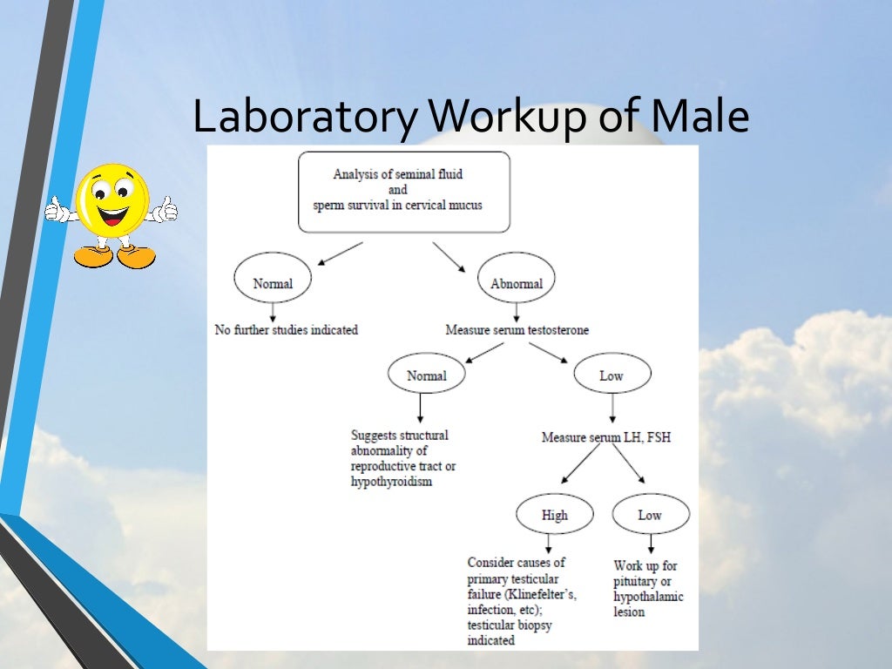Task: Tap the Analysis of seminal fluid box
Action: pyautogui.click(x=403, y=191)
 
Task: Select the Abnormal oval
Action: pyautogui.click(x=517, y=283)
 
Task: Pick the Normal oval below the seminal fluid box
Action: pyautogui.click(x=273, y=283)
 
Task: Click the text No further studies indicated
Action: pyautogui.click(x=287, y=330)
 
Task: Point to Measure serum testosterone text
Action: pyautogui.click(x=517, y=330)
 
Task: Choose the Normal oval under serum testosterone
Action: pyautogui.click(x=426, y=375)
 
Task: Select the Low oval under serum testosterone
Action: pyautogui.click(x=612, y=375)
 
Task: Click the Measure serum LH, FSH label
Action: pyautogui.click(x=606, y=437)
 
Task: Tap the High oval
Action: pyautogui.click(x=555, y=515)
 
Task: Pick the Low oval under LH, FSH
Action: pyautogui.click(x=650, y=515)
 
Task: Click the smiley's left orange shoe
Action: pyautogui.click(x=93, y=256)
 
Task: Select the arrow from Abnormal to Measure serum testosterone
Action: pyautogui.click(x=517, y=312)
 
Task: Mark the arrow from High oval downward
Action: pyautogui.click(x=549, y=544)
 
